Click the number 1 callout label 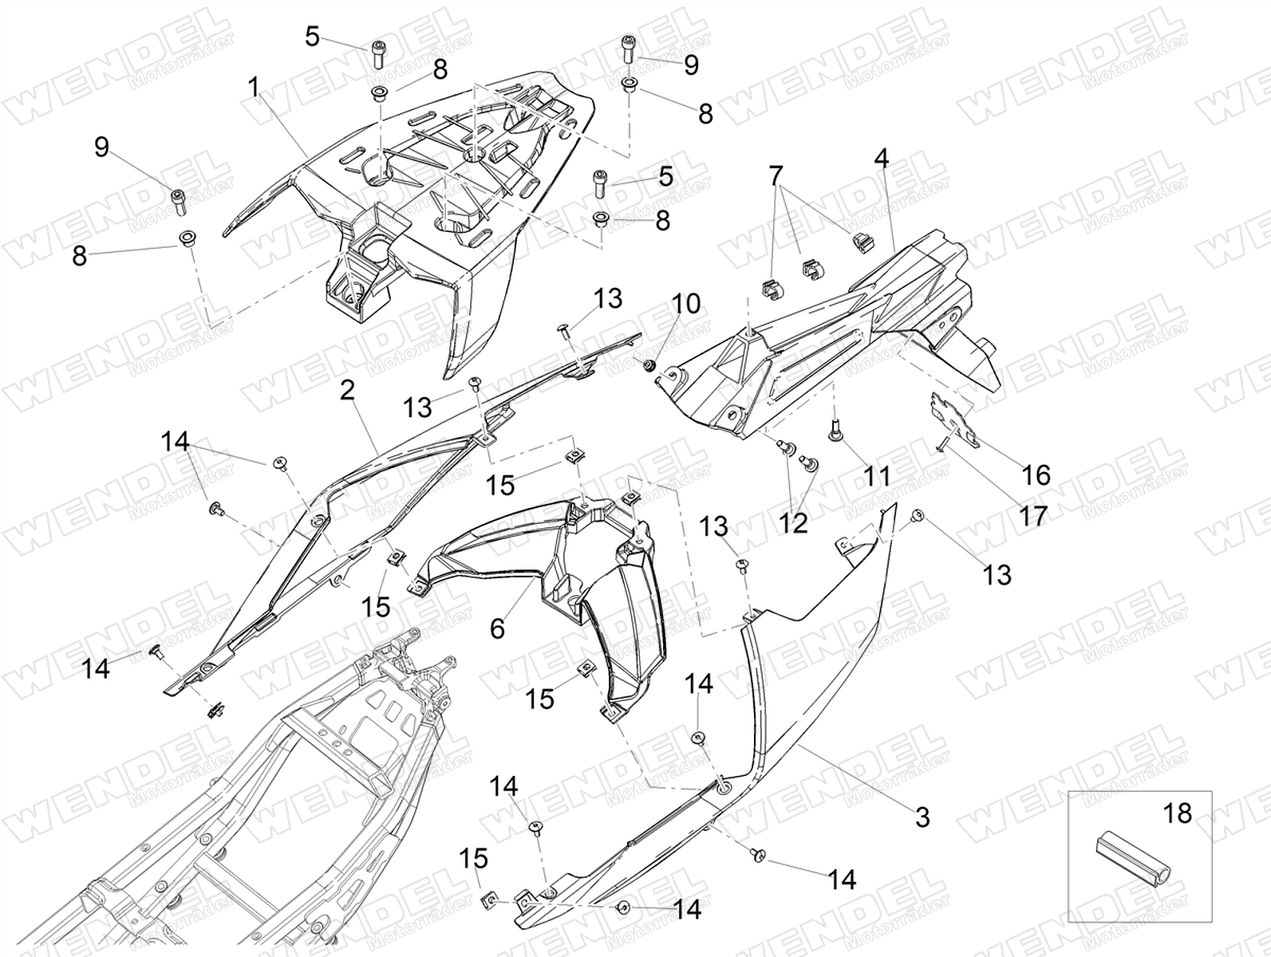254,87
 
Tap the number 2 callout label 346,391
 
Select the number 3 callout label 922,817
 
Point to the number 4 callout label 881,159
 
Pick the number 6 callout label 497,629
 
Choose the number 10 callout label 686,304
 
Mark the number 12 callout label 794,523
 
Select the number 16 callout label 1036,475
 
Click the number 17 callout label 1032,515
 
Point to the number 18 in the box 1178,813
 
